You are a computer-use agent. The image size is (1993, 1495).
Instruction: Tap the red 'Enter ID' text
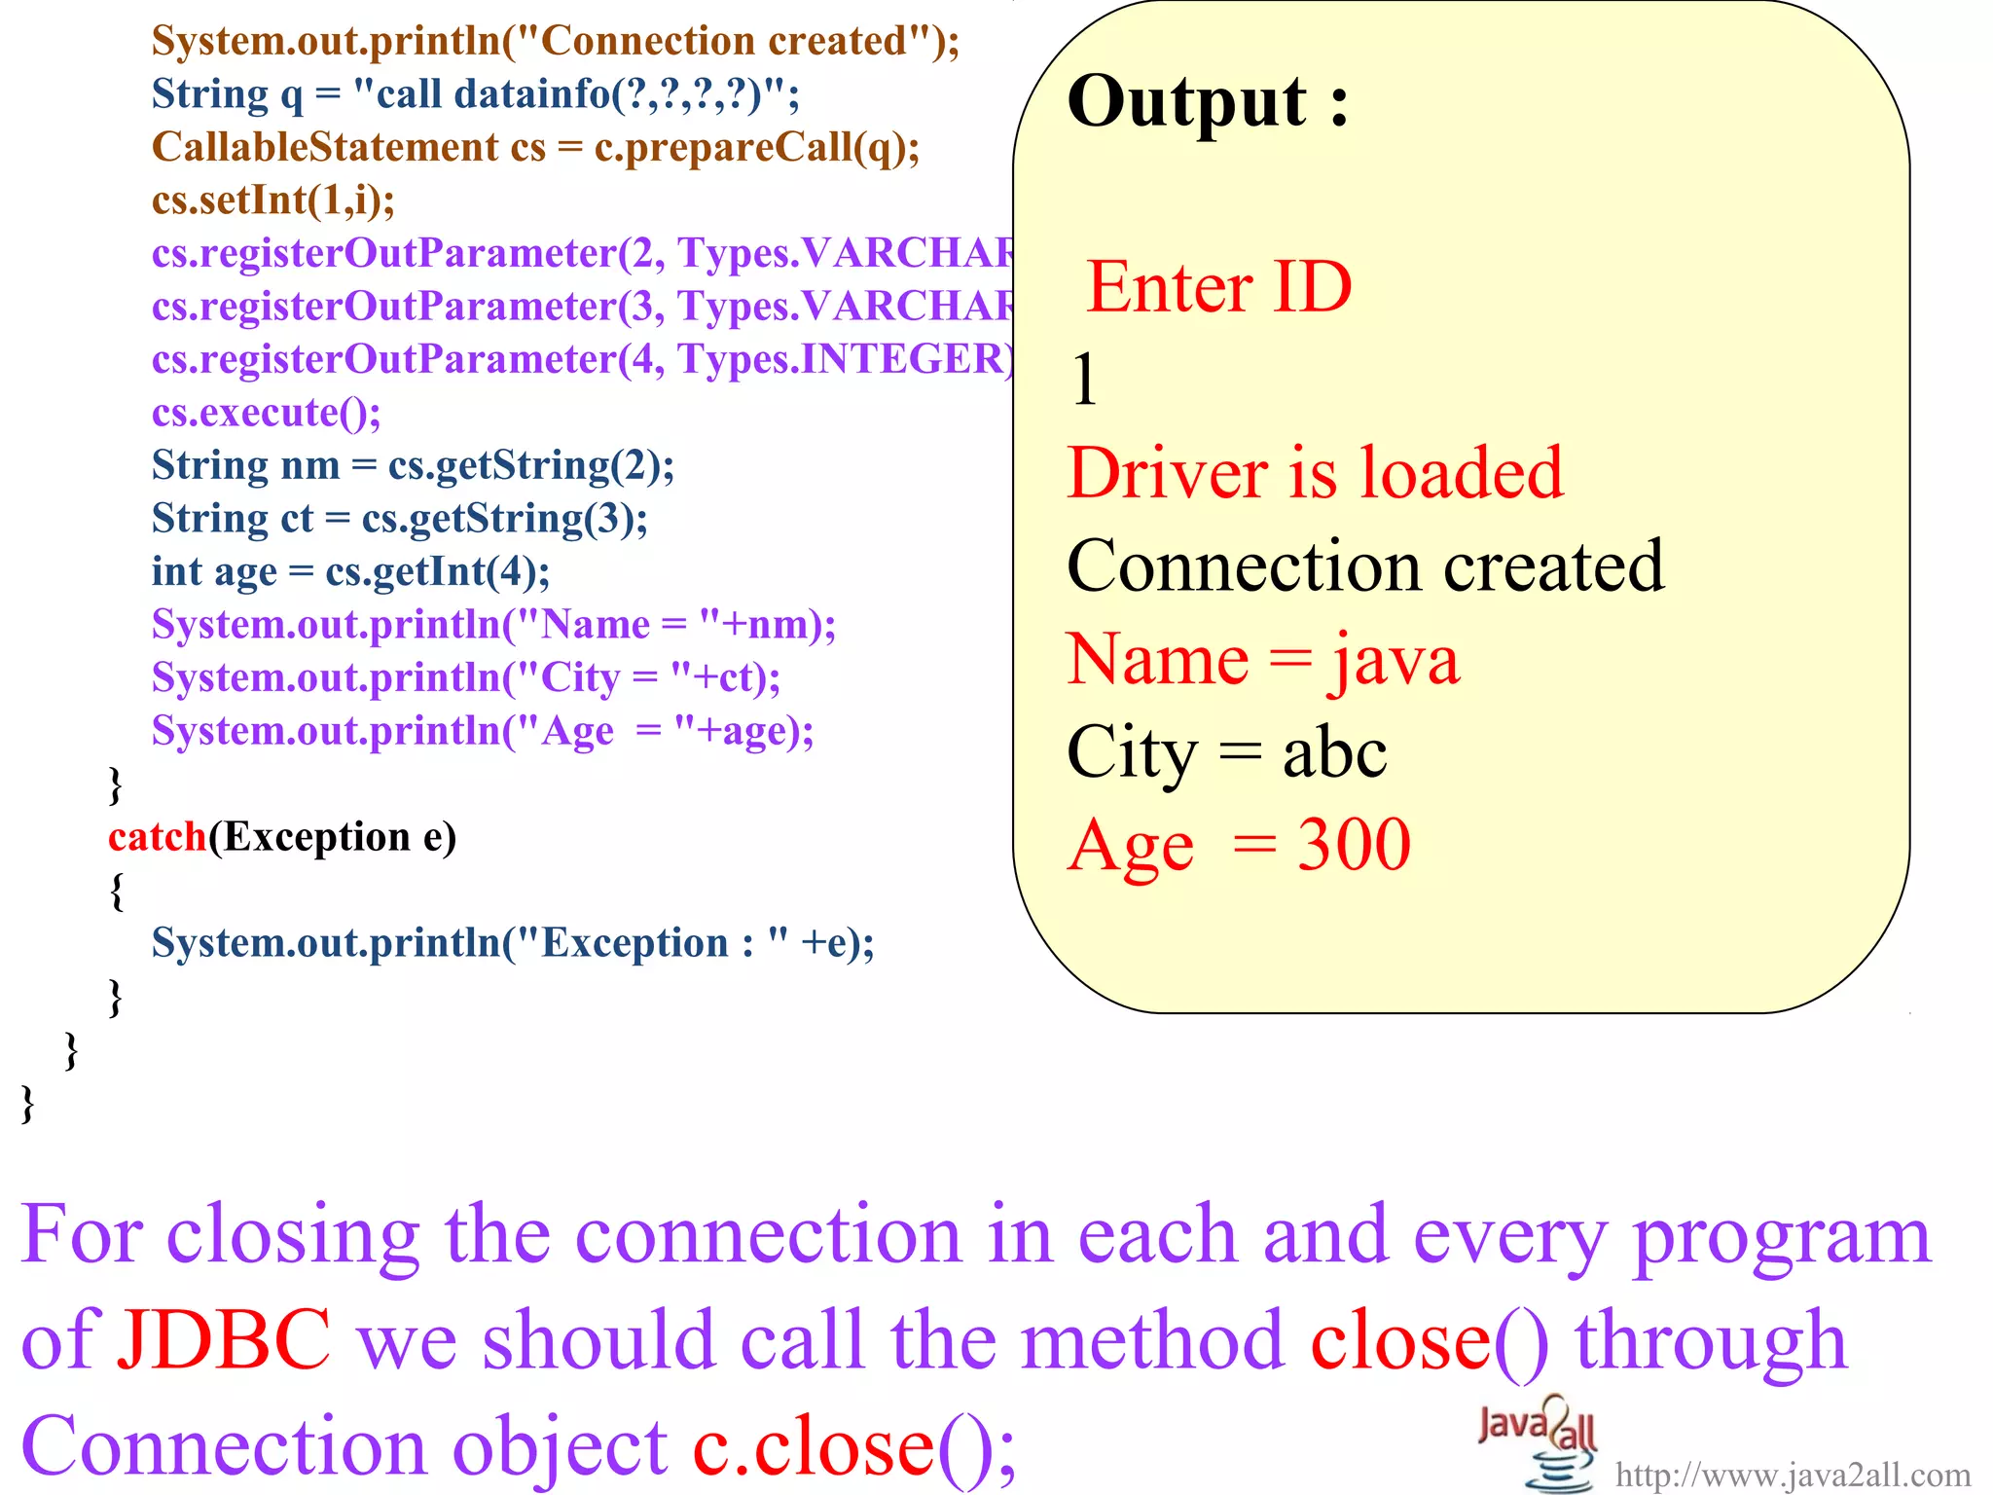(x=1218, y=287)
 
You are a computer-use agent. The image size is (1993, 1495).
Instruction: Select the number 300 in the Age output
(x=1354, y=844)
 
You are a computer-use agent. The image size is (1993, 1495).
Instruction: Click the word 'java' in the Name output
(x=1395, y=661)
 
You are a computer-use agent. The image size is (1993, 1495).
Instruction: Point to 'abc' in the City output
(x=1334, y=753)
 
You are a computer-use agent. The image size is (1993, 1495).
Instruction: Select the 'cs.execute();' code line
(x=266, y=413)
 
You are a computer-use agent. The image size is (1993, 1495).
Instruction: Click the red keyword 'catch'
(x=157, y=837)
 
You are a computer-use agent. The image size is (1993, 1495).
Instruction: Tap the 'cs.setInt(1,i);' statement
(x=273, y=201)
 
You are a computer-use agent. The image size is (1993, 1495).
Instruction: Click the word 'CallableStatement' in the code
(x=325, y=147)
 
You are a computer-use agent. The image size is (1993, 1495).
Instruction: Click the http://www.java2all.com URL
(x=1793, y=1476)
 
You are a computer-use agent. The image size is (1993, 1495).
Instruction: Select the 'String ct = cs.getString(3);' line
(x=399, y=519)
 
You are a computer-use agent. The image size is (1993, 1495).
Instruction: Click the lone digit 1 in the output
(x=1084, y=380)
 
